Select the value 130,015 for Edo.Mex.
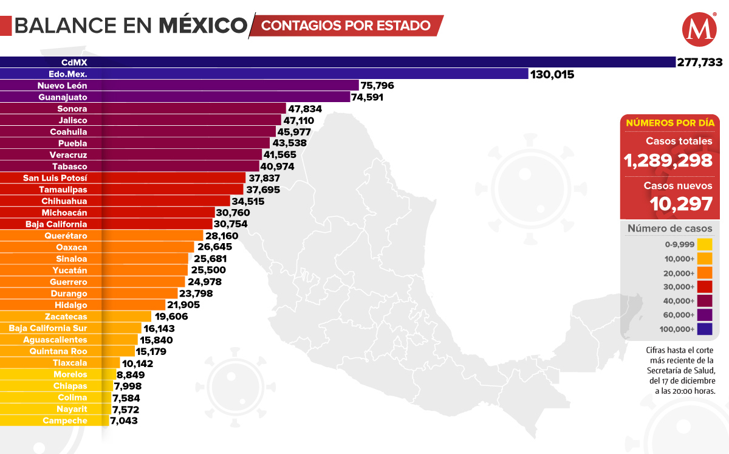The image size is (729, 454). pos(552,74)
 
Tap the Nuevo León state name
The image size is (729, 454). pos(63,86)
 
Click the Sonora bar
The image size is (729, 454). pos(182,109)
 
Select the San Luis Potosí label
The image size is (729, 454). pos(55,178)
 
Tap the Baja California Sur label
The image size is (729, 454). pos(48,328)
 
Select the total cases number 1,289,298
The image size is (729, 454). pos(668,160)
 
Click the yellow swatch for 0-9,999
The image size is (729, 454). pos(705,245)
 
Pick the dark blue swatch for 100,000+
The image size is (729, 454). pos(705,329)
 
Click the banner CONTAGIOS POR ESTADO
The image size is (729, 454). pos(346,26)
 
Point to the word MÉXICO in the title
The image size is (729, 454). pos(203,26)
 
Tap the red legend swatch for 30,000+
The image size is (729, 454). pos(705,287)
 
